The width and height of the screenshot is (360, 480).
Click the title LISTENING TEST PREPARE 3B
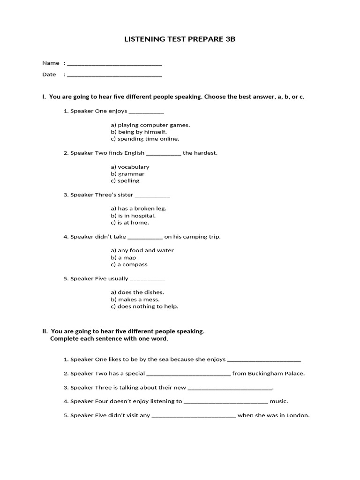180,39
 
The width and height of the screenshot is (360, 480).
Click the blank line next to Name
114,63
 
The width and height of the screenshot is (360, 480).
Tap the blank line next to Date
114,75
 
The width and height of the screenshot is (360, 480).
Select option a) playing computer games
150,125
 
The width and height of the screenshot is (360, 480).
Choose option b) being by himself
139,132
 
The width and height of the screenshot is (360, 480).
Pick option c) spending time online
145,139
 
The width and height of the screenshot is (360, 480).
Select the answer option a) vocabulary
130,167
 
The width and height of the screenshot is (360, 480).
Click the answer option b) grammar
127,174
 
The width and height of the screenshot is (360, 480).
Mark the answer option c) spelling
125,181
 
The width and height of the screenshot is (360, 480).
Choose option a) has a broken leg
138,209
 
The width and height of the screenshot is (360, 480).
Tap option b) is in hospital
133,216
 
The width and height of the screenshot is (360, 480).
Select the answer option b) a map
123,258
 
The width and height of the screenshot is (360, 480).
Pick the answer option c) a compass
129,264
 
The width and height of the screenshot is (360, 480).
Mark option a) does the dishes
137,292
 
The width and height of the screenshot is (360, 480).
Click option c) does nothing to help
144,307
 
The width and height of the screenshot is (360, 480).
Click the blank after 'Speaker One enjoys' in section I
146,112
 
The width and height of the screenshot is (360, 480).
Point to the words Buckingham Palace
282,374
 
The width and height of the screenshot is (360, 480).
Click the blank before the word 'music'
226,402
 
